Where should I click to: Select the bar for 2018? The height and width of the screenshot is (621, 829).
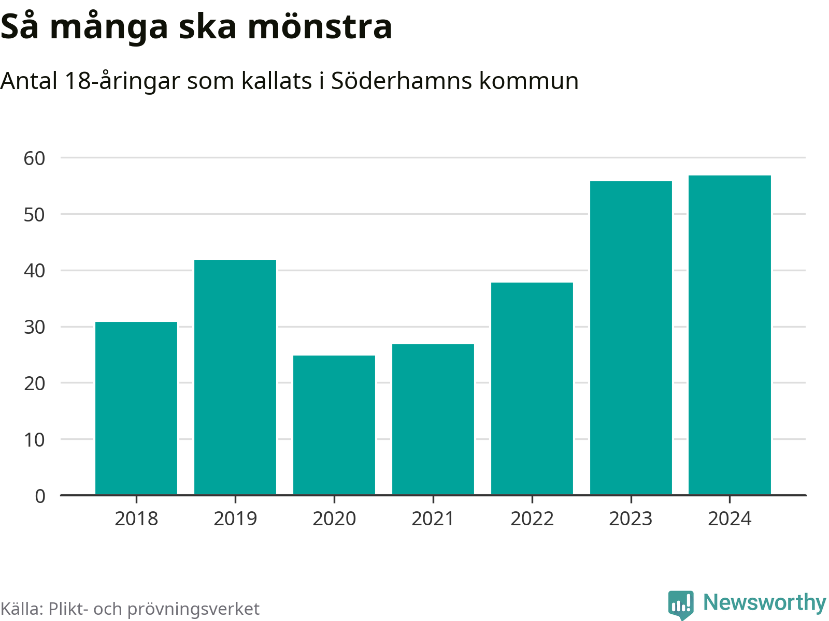(136, 408)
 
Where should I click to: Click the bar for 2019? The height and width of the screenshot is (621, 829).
(235, 377)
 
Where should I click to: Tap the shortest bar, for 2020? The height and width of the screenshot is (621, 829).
(334, 425)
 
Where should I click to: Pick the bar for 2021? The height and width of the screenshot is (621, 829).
(433, 419)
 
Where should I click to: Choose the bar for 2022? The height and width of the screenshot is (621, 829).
(532, 389)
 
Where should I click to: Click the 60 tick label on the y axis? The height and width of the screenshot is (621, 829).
(35, 158)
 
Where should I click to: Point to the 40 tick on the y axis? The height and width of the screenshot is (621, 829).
(35, 271)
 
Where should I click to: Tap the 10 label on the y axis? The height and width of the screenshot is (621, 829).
(35, 440)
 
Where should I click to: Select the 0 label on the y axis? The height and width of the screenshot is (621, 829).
(40, 496)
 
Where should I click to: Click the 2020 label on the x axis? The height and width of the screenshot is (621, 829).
(334, 519)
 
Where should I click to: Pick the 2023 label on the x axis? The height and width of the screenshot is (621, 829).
(631, 519)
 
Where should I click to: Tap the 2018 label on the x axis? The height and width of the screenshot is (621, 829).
(136, 519)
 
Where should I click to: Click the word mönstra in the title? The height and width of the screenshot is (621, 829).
(320, 27)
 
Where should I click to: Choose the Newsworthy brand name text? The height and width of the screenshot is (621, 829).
(764, 603)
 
